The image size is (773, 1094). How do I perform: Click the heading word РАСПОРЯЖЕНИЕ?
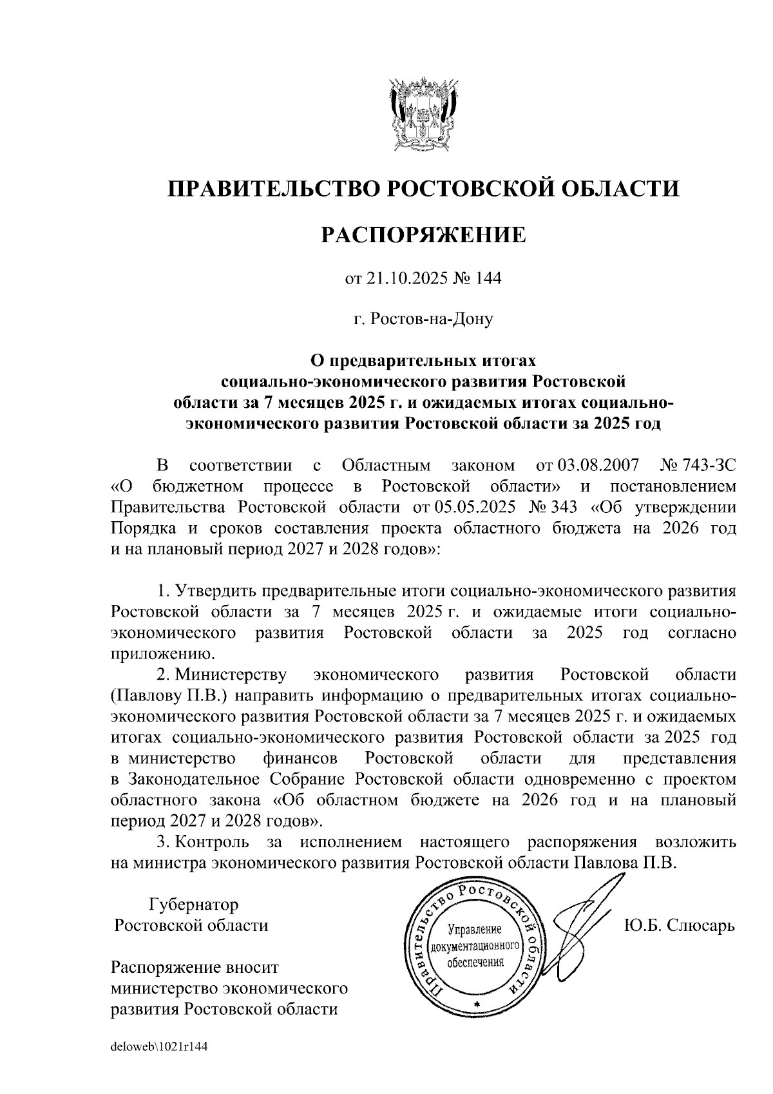click(423, 235)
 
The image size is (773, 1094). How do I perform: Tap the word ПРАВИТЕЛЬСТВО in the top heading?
click(271, 189)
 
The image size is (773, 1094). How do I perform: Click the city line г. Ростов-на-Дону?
click(423, 319)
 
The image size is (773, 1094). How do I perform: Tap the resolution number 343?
click(551, 507)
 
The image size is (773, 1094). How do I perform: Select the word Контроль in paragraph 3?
click(213, 842)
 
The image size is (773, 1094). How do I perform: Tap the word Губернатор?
click(193, 905)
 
